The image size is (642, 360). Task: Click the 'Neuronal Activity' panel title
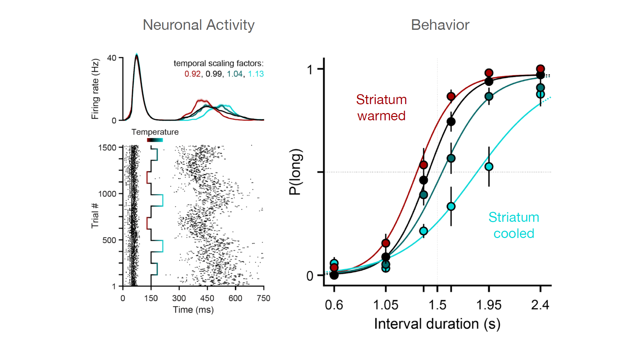[198, 25]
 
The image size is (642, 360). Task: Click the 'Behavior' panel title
[440, 25]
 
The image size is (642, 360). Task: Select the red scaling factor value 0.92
[192, 74]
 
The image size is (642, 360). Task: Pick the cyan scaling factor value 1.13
[256, 74]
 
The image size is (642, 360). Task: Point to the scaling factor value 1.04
[234, 74]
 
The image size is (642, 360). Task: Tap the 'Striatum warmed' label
[381, 108]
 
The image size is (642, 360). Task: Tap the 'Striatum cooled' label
[513, 225]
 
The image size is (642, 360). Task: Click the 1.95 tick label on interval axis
[488, 305]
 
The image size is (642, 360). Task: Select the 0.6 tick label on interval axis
[334, 305]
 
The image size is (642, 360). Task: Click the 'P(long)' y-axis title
[295, 172]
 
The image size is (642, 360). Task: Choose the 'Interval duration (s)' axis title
[437, 324]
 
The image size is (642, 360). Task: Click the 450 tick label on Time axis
[207, 298]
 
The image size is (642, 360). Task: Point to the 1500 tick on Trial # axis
[107, 148]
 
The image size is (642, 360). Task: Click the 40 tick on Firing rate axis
[112, 58]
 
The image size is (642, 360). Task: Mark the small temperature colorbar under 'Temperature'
[155, 140]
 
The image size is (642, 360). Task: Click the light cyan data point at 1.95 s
[488, 166]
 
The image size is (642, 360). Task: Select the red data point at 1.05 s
[385, 243]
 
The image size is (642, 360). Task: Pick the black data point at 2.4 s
[540, 75]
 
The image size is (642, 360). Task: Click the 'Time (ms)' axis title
[193, 310]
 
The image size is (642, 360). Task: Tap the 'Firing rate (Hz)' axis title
[95, 89]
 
